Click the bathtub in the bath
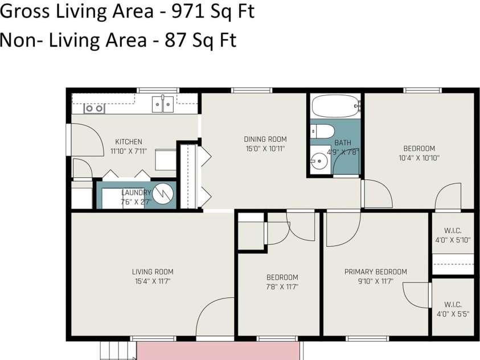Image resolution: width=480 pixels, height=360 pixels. point(336,105)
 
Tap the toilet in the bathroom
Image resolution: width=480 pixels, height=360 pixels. point(322,132)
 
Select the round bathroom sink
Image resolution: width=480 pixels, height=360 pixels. point(318,160)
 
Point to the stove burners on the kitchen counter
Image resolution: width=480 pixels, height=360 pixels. point(95,108)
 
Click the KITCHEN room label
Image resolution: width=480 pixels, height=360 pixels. point(129,142)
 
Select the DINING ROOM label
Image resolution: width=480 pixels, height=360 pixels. point(265,140)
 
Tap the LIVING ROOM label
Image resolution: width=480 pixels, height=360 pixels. point(153,272)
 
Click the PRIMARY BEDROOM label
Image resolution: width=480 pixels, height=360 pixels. point(376,272)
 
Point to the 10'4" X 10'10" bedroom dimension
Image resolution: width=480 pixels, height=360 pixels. point(420,158)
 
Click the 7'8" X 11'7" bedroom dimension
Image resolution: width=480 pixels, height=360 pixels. point(282,287)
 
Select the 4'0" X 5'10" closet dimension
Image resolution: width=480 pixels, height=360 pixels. point(453,240)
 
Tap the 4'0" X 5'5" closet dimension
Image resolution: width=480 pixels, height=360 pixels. point(453,314)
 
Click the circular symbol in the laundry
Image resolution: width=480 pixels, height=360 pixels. point(163,194)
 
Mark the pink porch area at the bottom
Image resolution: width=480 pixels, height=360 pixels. point(218,351)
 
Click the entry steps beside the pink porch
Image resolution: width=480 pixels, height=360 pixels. point(118,351)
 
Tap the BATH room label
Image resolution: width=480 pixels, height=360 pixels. point(343,142)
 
